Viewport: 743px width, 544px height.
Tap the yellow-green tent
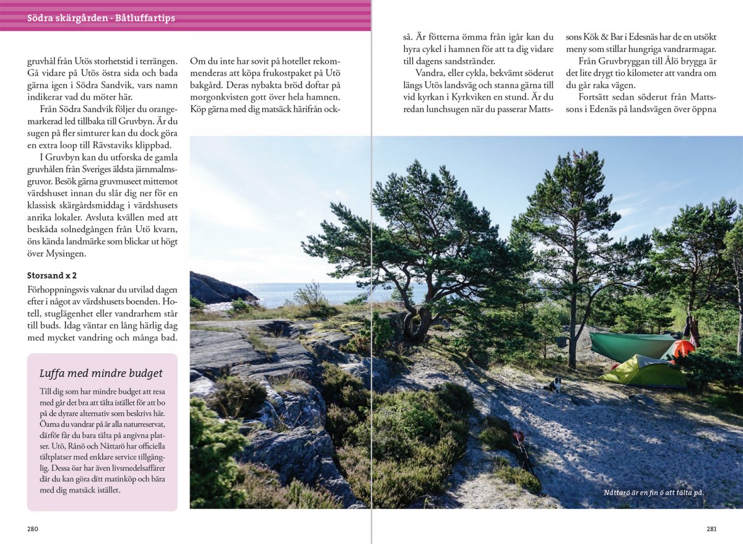point(644,371)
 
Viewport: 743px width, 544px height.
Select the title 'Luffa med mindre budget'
point(101,373)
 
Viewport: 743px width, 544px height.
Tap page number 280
point(33,529)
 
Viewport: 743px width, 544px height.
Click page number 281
point(711,529)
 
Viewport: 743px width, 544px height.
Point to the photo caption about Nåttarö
point(654,493)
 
